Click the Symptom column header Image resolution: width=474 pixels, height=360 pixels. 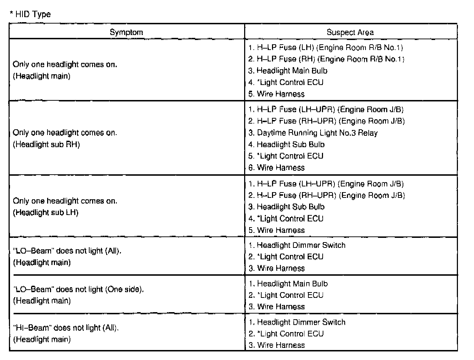tap(126, 32)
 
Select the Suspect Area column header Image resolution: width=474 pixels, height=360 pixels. tap(350, 32)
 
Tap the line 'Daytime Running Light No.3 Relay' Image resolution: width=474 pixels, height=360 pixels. tap(313, 133)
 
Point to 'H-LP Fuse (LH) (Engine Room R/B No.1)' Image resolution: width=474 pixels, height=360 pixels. tap(326, 47)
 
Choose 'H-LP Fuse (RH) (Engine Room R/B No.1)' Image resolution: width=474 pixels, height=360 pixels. tap(326, 59)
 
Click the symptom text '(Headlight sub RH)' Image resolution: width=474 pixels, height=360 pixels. tap(46, 145)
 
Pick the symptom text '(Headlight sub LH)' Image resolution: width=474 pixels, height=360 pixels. tap(46, 212)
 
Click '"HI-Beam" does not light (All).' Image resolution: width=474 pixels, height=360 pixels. tap(66, 328)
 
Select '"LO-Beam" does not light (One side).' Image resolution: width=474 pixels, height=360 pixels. tap(79, 289)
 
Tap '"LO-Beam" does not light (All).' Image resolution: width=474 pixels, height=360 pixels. tap(67, 251)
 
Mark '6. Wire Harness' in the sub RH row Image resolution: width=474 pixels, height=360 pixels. tap(277, 167)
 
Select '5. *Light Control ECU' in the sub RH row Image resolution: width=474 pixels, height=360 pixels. tap(286, 156)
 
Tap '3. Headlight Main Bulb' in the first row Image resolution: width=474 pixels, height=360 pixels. tap(288, 71)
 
